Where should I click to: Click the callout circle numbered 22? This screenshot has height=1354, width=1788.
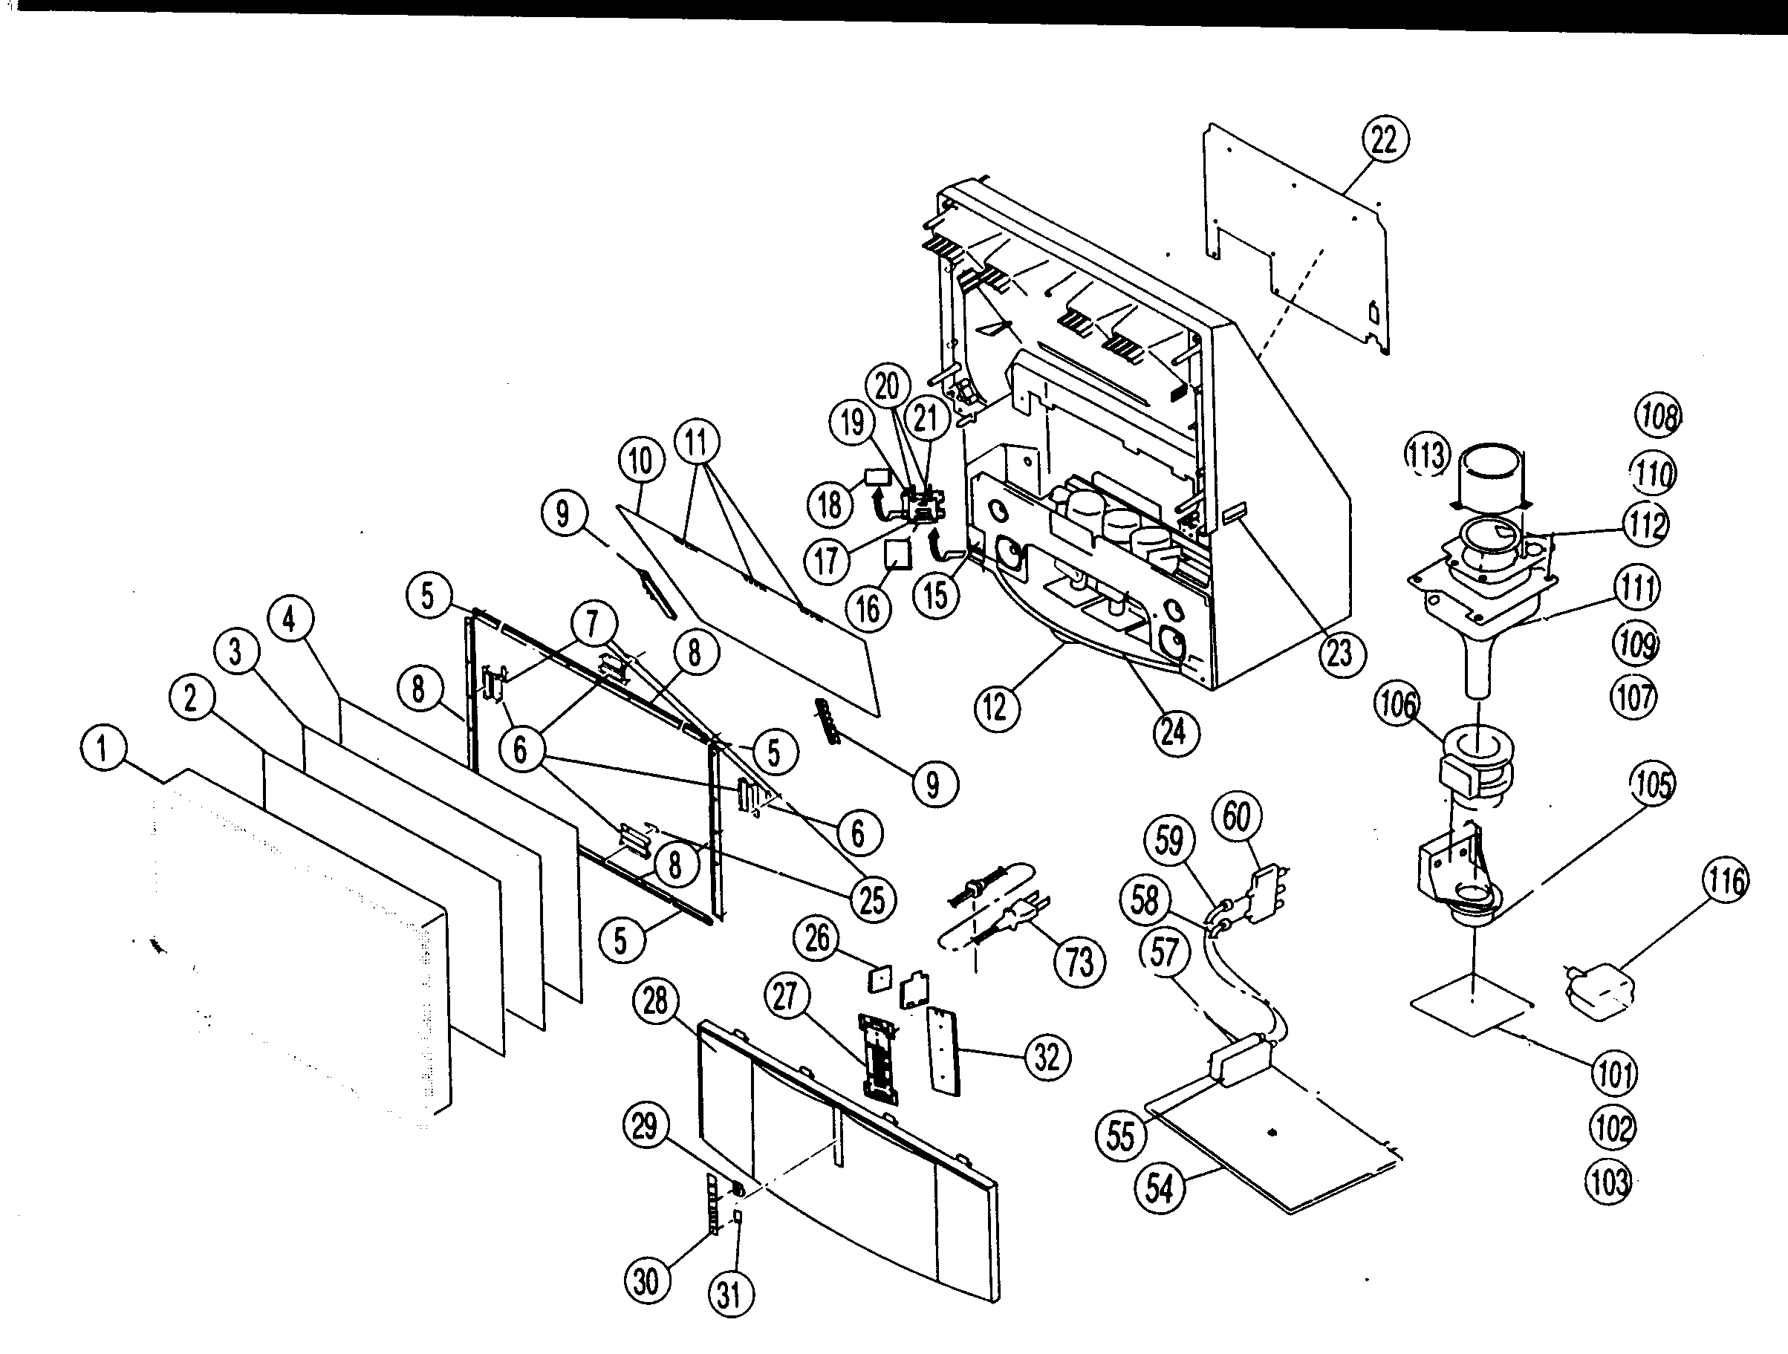[x=1384, y=140]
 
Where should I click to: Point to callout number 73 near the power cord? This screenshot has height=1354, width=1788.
[x=1079, y=962]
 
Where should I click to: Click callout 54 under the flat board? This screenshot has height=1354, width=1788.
[x=1159, y=1188]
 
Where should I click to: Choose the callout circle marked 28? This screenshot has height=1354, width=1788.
[x=655, y=1001]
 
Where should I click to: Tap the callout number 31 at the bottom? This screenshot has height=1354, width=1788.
[x=730, y=1294]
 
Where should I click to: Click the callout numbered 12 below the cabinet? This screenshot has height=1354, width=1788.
[x=996, y=708]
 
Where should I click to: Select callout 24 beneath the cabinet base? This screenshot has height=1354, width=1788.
[x=1174, y=732]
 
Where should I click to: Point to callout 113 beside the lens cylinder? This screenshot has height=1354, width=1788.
[x=1427, y=455]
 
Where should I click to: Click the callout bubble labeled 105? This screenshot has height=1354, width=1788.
[x=1652, y=784]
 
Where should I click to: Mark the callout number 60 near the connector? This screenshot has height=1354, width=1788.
[x=1237, y=816]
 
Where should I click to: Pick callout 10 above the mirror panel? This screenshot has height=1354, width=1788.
[x=640, y=461]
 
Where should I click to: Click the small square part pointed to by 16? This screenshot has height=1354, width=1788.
[x=897, y=555]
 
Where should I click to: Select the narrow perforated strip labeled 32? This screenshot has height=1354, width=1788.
[x=943, y=1050]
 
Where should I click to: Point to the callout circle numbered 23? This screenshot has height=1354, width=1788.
[x=1340, y=653]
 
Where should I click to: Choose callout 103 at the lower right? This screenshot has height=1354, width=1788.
[x=1608, y=1182]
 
